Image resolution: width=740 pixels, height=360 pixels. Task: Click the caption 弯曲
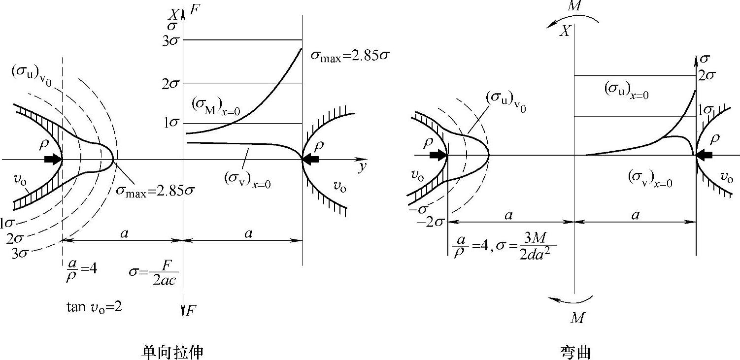point(575,352)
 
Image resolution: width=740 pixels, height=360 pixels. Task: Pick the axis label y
point(363,167)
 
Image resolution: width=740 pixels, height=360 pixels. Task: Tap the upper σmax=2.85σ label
point(350,55)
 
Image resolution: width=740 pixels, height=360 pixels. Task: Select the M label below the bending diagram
point(577,318)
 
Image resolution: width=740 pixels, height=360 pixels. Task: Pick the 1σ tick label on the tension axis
point(172,124)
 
